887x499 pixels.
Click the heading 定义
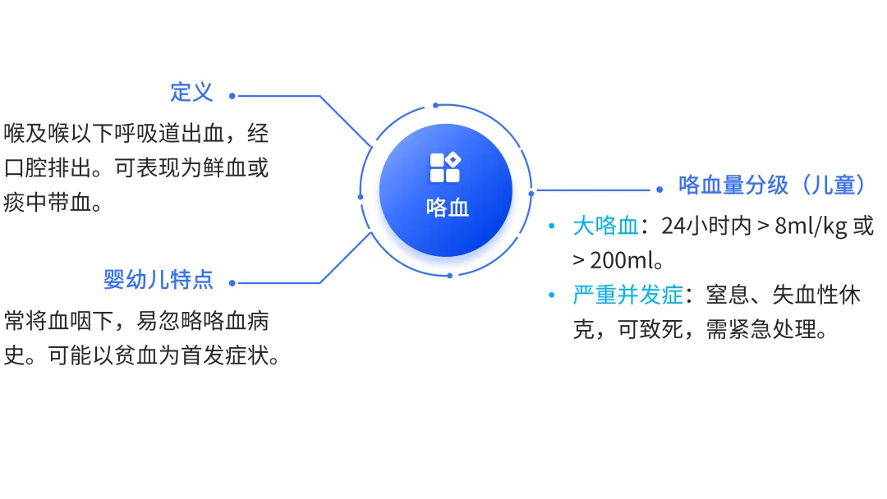191,92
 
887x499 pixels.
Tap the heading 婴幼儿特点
158,280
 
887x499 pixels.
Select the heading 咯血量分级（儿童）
772,185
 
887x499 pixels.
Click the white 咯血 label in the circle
448,208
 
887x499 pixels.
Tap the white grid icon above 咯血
445,167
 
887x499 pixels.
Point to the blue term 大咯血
605,227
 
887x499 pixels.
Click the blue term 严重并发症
627,295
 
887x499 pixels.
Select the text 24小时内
705,227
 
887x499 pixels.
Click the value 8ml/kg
812,227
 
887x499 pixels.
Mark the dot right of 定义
232,96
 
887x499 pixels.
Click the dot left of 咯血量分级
660,190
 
